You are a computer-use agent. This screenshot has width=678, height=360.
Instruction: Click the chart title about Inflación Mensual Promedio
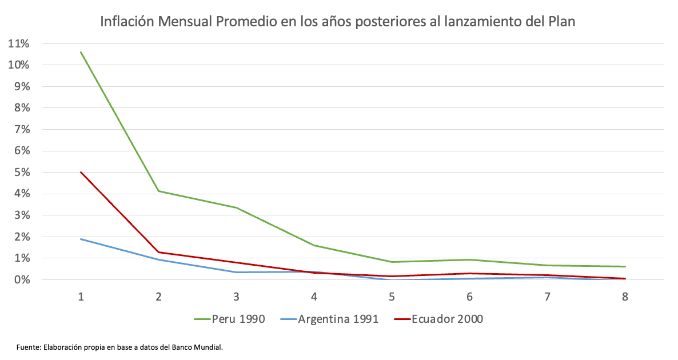click(x=337, y=22)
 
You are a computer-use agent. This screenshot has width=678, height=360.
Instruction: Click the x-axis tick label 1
click(x=81, y=297)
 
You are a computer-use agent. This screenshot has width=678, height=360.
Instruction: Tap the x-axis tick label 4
click(x=314, y=297)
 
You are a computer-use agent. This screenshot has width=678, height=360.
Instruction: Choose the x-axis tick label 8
click(x=625, y=297)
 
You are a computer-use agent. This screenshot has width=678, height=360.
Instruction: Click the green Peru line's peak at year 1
click(x=81, y=52)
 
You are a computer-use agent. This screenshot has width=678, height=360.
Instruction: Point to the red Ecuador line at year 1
click(x=81, y=172)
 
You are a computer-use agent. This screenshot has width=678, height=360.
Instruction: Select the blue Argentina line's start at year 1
click(x=81, y=239)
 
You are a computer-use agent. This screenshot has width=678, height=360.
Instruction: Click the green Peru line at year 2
click(x=158, y=191)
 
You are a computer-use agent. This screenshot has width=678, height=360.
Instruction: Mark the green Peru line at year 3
click(x=236, y=207)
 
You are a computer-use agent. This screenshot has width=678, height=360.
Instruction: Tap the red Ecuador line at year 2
click(x=158, y=252)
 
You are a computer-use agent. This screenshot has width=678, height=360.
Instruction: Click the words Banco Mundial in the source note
click(x=201, y=347)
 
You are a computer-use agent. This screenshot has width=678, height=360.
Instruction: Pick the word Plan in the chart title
click(x=561, y=22)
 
